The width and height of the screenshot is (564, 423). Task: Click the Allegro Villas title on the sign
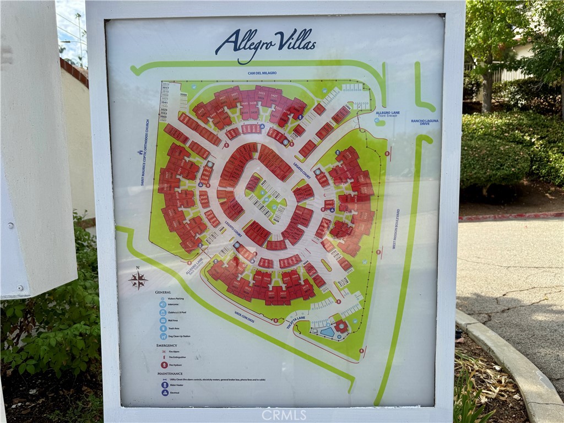265,44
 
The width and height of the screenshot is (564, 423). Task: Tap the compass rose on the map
138,279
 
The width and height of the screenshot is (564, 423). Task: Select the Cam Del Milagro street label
262,73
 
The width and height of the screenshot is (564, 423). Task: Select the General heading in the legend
163,292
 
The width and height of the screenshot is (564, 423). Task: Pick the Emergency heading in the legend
166,345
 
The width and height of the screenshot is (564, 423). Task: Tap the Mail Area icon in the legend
163,320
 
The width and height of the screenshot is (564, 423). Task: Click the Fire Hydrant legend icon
164,365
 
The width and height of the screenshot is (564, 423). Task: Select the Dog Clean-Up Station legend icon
164,336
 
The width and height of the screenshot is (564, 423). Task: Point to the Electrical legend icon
164,393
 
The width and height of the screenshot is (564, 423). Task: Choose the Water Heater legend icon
164,386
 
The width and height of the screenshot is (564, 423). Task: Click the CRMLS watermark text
284,415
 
